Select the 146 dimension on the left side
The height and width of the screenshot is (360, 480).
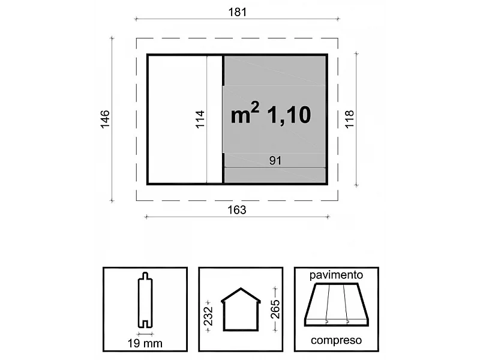[104, 119]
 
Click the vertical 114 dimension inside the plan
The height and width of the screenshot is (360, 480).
[200, 119]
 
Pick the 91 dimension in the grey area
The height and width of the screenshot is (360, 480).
[275, 160]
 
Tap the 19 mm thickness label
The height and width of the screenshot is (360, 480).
[145, 344]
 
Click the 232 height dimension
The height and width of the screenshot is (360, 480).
[208, 313]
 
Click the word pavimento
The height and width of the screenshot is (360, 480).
[336, 275]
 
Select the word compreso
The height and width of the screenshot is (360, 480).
[336, 340]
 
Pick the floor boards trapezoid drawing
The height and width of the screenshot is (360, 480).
[336, 305]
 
